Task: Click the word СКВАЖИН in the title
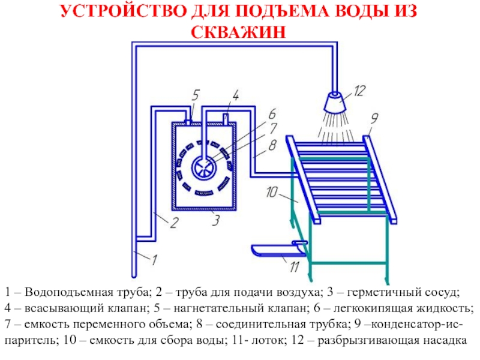coord(239,30)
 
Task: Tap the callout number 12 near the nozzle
coord(359,91)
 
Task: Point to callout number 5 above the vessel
coord(196,94)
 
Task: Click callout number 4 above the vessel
coord(236,95)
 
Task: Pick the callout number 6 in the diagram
coord(272,114)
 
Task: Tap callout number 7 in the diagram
coord(272,128)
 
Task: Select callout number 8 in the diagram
coord(272,144)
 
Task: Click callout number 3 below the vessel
coord(214,220)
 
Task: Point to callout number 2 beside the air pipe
coord(173,224)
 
